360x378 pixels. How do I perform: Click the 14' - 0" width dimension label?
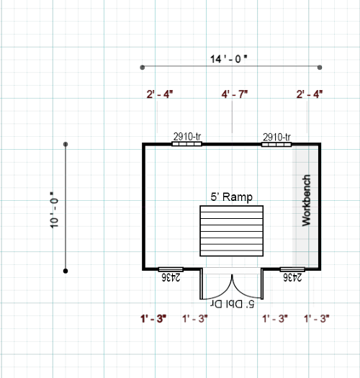pyautogui.click(x=228, y=59)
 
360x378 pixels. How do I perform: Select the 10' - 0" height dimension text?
pyautogui.click(x=54, y=210)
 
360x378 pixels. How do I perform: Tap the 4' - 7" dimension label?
pyautogui.click(x=235, y=94)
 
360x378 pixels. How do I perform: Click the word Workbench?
pyautogui.click(x=306, y=200)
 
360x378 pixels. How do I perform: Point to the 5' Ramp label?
pyautogui.click(x=232, y=197)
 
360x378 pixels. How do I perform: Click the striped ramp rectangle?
pyautogui.click(x=232, y=230)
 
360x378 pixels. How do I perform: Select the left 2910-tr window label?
pyautogui.click(x=187, y=137)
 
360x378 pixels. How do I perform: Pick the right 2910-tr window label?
pyautogui.click(x=276, y=138)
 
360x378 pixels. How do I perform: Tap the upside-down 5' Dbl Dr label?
pyautogui.click(x=233, y=304)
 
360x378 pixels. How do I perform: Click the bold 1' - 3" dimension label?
pyautogui.click(x=153, y=319)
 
